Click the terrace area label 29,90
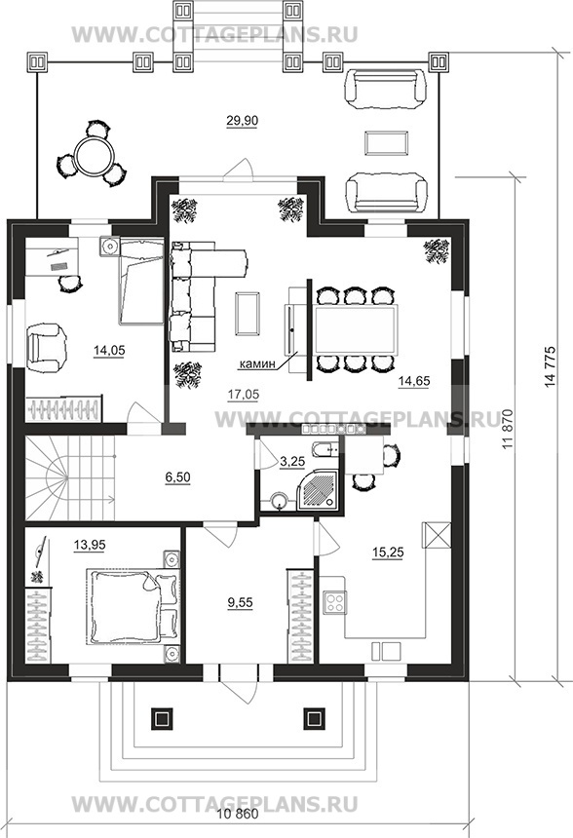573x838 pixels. (x=242, y=121)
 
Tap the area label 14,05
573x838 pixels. (x=109, y=351)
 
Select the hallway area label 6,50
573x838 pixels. (x=177, y=476)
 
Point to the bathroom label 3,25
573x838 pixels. (x=292, y=462)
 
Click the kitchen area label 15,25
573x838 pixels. (x=388, y=552)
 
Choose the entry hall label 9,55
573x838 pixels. (x=240, y=603)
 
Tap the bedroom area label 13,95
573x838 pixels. (x=90, y=545)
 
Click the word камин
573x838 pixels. (x=257, y=364)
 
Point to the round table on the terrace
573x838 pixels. (x=93, y=155)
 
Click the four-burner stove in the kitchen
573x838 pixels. (x=335, y=603)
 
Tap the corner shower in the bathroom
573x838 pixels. (x=319, y=489)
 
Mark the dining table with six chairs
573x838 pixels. (x=356, y=329)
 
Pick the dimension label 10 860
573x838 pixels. (x=239, y=814)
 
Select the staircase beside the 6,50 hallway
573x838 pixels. (x=70, y=477)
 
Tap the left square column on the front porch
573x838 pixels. (x=162, y=718)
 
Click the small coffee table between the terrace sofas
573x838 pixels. (x=387, y=142)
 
